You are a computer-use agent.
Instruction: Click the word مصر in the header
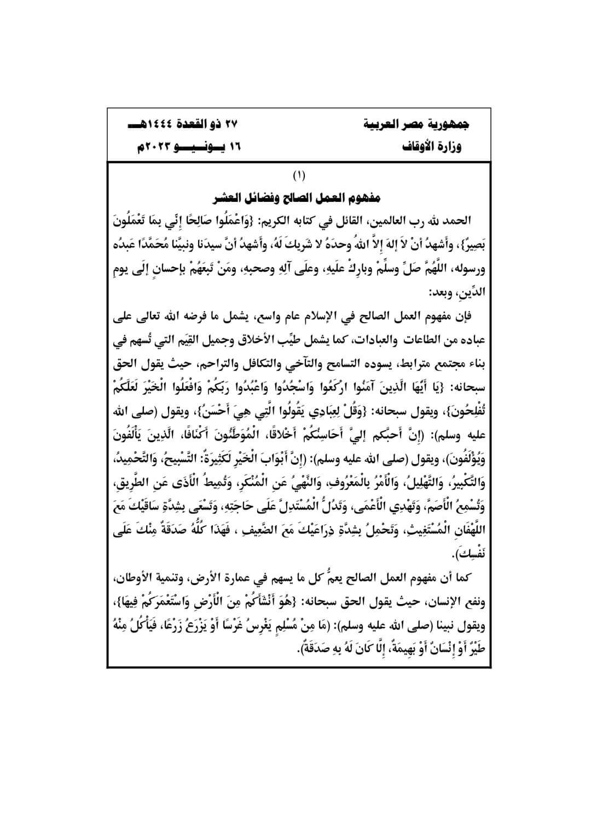(x=421, y=124)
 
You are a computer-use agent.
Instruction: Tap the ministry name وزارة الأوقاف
(x=433, y=147)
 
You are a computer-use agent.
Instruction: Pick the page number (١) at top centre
(x=299, y=176)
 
